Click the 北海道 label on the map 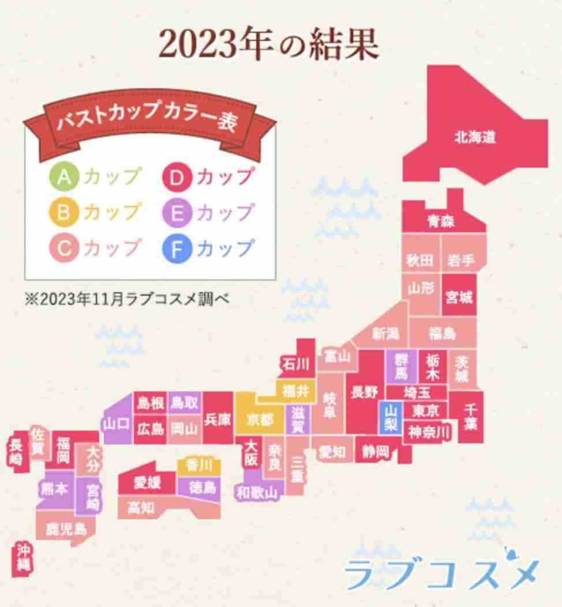click(474, 138)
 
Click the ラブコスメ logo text click(441, 570)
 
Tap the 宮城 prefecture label click(459, 297)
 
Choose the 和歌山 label click(257, 492)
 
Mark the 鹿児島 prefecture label click(66, 529)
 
